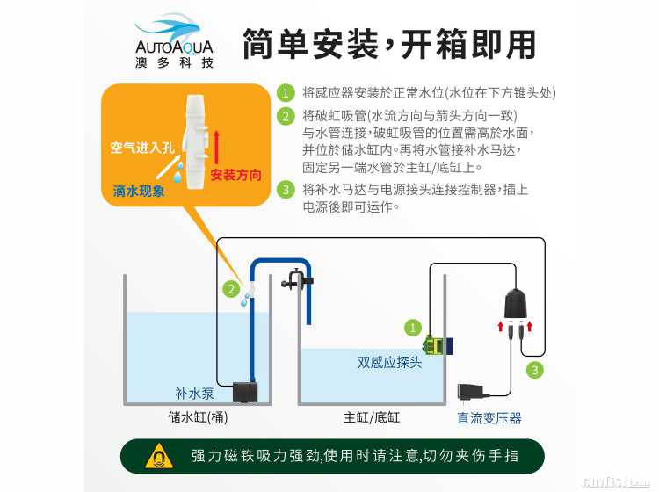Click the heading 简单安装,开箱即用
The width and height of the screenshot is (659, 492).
coord(389,44)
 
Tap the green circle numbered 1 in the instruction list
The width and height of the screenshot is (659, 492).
coord(286,92)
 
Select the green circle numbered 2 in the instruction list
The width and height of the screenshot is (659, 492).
coord(286,116)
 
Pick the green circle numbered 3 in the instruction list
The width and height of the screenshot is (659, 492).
coord(286,189)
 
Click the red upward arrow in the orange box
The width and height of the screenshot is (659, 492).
coord(216,147)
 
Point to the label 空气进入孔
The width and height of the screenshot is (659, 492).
coord(142,147)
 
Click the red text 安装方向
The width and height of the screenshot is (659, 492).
coord(235,174)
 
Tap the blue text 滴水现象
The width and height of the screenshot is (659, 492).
coord(139,192)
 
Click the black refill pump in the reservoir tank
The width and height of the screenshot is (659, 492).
coord(245,392)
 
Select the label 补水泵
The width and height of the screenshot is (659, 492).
coord(194,394)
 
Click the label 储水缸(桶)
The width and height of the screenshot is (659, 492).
coord(198,417)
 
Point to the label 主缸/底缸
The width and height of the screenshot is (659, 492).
coord(372,417)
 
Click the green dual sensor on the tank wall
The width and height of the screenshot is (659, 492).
coord(437,345)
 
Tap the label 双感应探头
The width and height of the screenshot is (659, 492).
coord(389,362)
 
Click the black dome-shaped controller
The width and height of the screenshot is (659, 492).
coord(515,304)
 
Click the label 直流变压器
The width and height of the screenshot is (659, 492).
coord(489,418)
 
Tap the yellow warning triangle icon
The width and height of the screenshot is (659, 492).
coord(159,456)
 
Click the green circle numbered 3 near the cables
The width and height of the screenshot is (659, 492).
coord(534,370)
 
